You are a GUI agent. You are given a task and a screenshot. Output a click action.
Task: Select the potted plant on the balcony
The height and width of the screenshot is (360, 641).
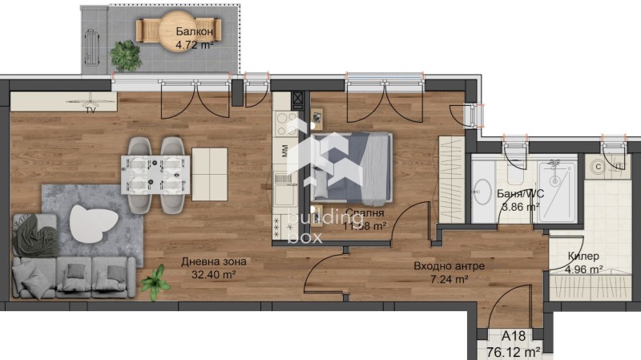[x=125, y=56]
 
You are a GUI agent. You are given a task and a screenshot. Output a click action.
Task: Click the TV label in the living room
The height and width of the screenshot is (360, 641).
[x=91, y=110]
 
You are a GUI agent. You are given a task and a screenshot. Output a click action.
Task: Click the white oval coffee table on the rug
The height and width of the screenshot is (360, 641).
[x=93, y=221]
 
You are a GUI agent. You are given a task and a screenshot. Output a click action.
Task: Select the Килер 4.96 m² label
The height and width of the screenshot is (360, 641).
[x=584, y=263]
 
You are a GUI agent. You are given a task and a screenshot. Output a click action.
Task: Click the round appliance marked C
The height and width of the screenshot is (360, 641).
[x=598, y=167]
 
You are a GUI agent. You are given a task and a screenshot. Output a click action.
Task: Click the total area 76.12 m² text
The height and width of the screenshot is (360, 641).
[x=514, y=351]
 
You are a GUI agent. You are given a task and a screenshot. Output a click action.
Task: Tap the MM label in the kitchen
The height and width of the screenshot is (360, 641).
[x=284, y=149]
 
